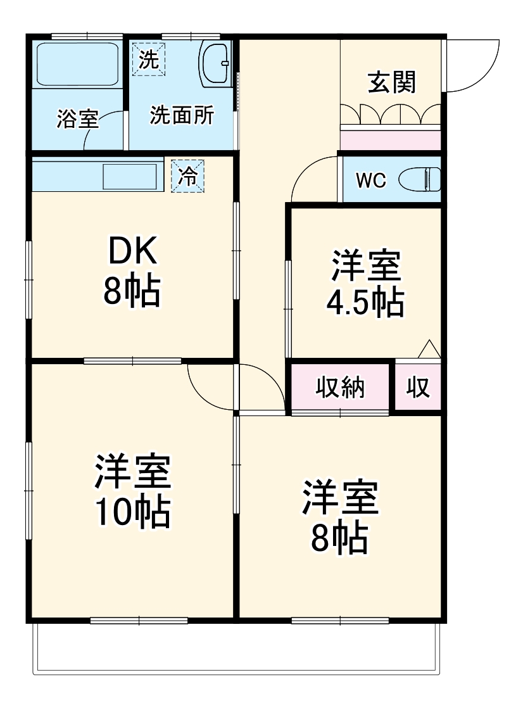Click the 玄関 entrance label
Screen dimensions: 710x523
tap(392, 82)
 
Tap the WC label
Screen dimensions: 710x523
tap(370, 181)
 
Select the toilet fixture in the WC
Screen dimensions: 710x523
tap(420, 180)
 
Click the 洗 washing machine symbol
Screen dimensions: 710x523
tap(148, 60)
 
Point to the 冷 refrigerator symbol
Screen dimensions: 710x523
tap(188, 176)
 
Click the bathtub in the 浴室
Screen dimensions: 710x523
tap(77, 64)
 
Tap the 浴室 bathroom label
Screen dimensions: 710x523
tap(77, 119)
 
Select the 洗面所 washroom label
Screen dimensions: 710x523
tap(182, 116)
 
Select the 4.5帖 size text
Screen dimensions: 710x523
tap(365, 303)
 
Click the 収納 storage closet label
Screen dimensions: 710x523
tap(340, 387)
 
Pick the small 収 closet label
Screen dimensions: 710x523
tap(418, 387)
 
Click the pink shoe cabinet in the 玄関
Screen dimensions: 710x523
tap(390, 139)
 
